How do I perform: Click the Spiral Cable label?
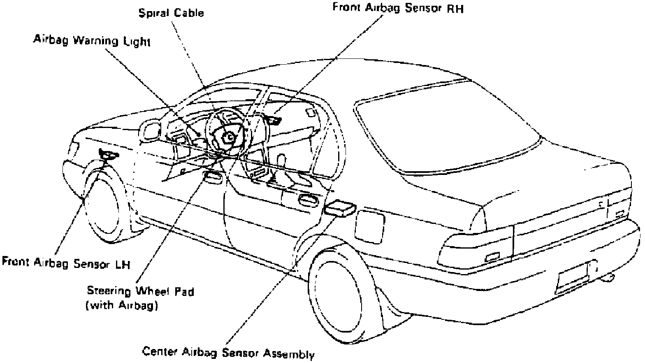(171, 13)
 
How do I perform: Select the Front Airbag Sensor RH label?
(398, 8)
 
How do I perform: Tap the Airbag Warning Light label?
(92, 41)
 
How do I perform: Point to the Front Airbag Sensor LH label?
(66, 262)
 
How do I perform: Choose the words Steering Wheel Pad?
(140, 291)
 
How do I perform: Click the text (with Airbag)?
(122, 306)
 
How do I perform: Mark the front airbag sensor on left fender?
(108, 155)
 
